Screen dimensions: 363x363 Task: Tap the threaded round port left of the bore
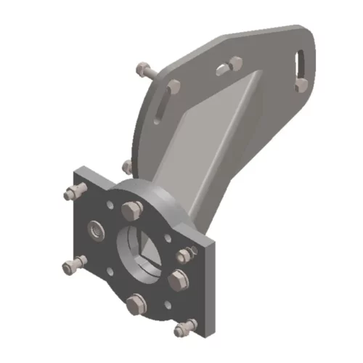point(95,231)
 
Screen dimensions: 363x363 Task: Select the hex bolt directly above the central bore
point(131,211)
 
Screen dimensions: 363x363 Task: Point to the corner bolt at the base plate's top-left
point(71,193)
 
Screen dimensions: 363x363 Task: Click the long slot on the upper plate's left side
point(163,104)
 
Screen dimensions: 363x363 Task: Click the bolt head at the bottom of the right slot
point(301,85)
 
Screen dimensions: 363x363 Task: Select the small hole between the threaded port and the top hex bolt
point(109,205)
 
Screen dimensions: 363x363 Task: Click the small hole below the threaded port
point(110,272)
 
